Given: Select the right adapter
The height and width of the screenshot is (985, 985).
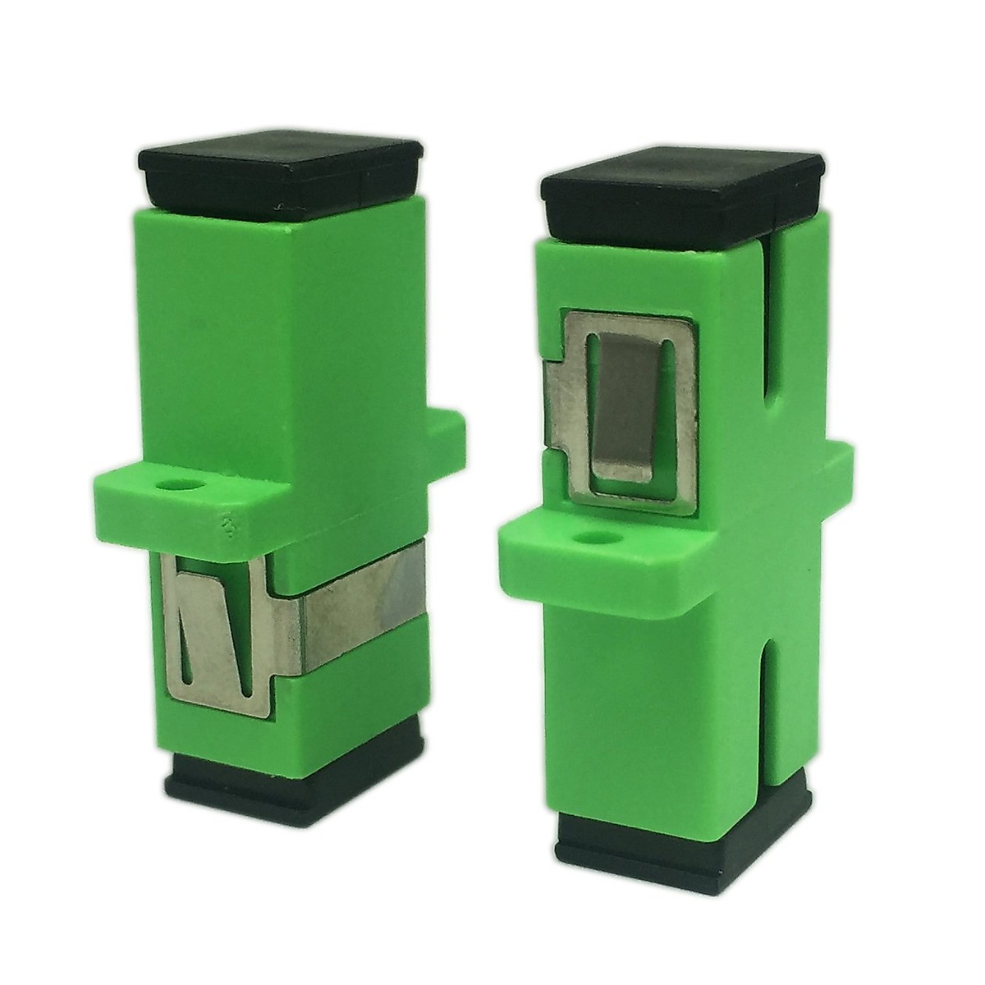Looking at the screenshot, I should click(x=673, y=509).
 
